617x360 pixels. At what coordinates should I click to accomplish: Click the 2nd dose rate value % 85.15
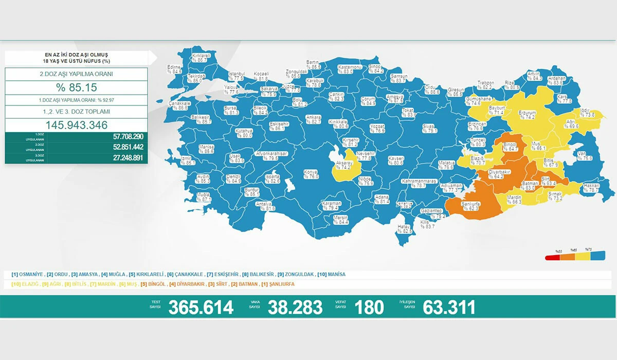[x=77, y=87]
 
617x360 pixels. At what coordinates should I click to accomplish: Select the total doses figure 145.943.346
[x=77, y=125]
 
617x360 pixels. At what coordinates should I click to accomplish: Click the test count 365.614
[x=201, y=308]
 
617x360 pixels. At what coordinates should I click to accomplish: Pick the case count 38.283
[x=295, y=308]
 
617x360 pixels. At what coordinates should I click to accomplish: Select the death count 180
[x=369, y=308]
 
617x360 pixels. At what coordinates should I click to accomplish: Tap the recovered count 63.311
[x=449, y=308]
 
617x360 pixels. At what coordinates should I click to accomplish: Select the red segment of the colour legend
[x=553, y=256]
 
